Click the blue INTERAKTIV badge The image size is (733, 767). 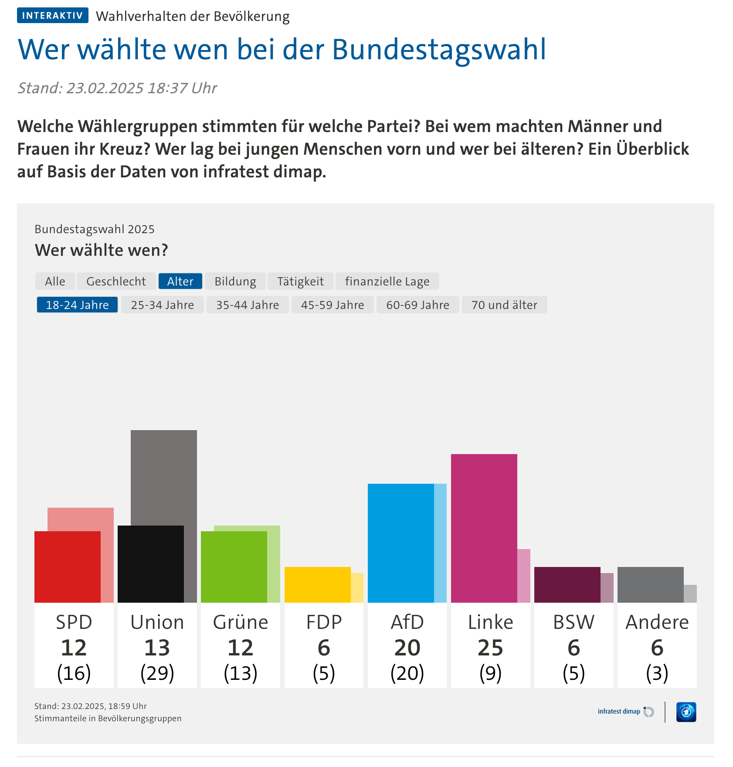52,16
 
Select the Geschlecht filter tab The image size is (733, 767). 116,282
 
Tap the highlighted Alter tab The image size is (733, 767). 180,282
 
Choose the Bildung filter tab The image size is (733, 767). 235,282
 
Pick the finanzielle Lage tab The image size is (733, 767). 387,282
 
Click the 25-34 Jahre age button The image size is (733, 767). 162,305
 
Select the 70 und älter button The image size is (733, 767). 504,305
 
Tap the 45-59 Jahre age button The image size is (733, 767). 333,305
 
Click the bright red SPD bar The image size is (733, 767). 67,567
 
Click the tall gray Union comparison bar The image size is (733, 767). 164,475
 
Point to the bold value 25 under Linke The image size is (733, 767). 490,648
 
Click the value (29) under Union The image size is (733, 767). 157,673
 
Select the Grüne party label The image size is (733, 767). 240,622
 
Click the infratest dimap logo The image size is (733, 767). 625,712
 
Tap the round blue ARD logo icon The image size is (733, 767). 686,712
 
